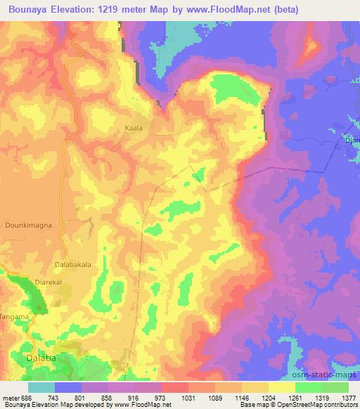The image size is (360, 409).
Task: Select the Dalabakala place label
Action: click(x=74, y=265)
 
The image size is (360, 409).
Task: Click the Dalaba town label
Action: click(x=39, y=357)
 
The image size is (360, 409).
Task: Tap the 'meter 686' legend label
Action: click(x=15, y=397)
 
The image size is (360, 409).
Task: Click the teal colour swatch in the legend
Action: click(x=41, y=387)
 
